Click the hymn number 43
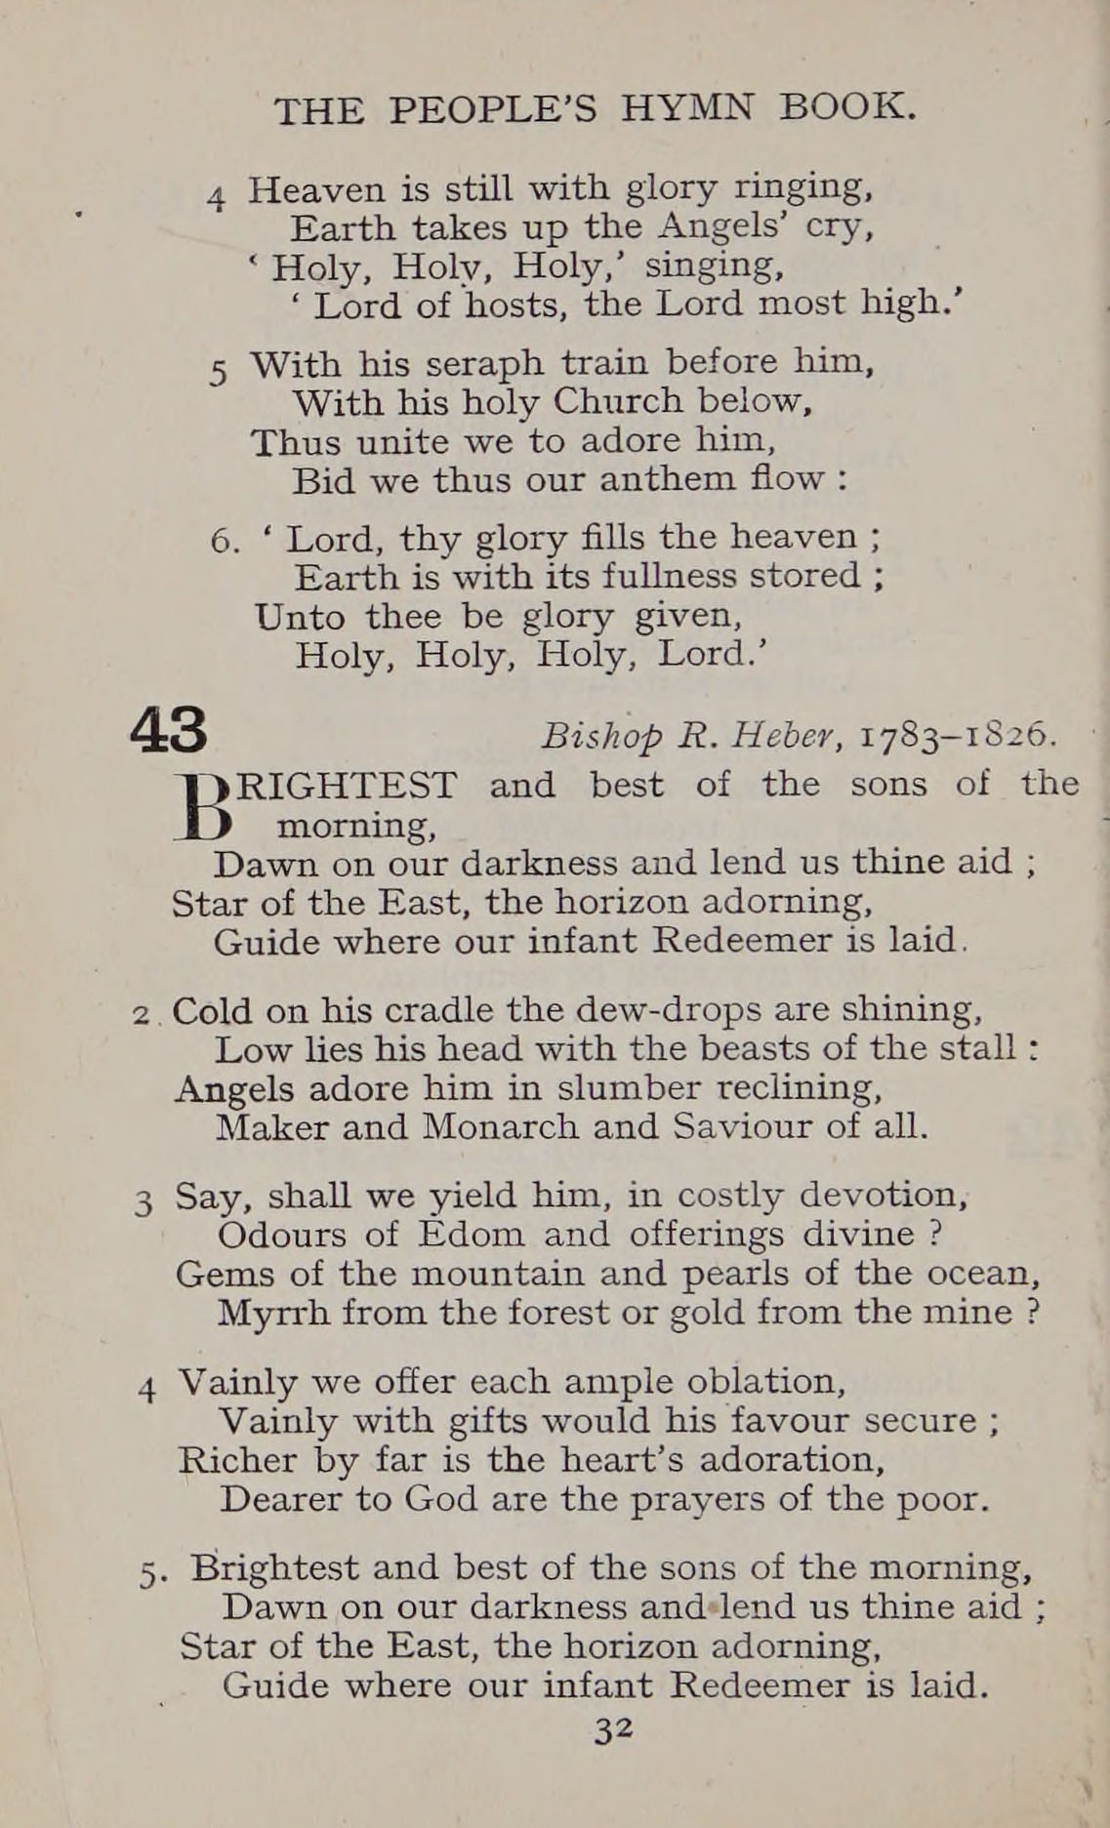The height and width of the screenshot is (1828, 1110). coord(169,730)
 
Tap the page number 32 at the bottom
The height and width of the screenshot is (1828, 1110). coord(614,1728)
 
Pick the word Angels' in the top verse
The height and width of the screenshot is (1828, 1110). coord(722,227)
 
